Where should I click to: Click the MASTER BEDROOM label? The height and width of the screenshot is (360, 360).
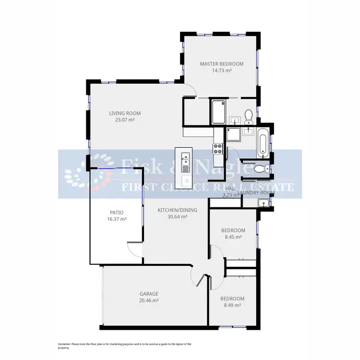pyautogui.click(x=221, y=64)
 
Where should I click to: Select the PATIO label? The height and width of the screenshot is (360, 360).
pyautogui.click(x=117, y=213)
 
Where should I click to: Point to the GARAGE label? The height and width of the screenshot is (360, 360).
pyautogui.click(x=149, y=294)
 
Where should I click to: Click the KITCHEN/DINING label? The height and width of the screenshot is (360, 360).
pyautogui.click(x=177, y=210)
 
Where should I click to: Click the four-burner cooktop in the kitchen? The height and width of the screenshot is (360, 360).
pyautogui.click(x=218, y=149)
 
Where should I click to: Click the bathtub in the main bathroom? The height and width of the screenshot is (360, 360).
pyautogui.click(x=264, y=143)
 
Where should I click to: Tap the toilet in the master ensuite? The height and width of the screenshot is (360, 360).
pyautogui.click(x=248, y=115)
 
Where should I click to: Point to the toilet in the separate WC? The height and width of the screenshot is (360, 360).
pyautogui.click(x=260, y=168)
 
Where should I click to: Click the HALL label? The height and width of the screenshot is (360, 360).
pyautogui.click(x=231, y=189)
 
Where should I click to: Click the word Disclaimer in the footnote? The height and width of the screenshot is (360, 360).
pyautogui.click(x=64, y=344)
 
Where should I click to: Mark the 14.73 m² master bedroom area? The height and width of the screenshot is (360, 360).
pyautogui.click(x=221, y=71)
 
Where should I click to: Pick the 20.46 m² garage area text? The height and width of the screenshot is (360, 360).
pyautogui.click(x=149, y=300)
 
